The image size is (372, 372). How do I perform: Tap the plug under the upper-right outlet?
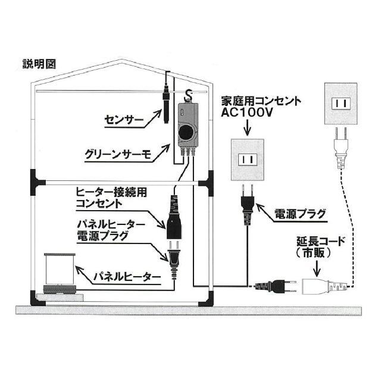point(341,146)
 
